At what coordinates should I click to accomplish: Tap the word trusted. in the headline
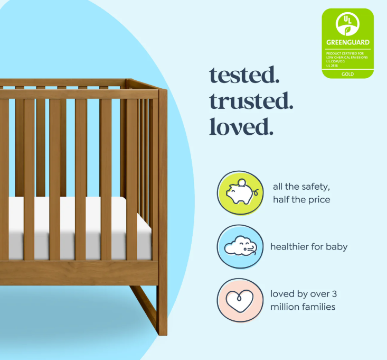(251, 100)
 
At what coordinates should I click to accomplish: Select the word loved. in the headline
(241, 126)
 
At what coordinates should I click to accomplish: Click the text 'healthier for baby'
(309, 247)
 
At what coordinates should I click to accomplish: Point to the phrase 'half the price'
(301, 200)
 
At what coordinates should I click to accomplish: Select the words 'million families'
(303, 307)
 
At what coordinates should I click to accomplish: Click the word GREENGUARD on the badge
(347, 42)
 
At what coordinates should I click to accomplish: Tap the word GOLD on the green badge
(347, 73)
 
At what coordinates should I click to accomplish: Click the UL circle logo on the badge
(347, 24)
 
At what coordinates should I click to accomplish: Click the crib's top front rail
(79, 94)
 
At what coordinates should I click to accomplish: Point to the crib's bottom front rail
(79, 272)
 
